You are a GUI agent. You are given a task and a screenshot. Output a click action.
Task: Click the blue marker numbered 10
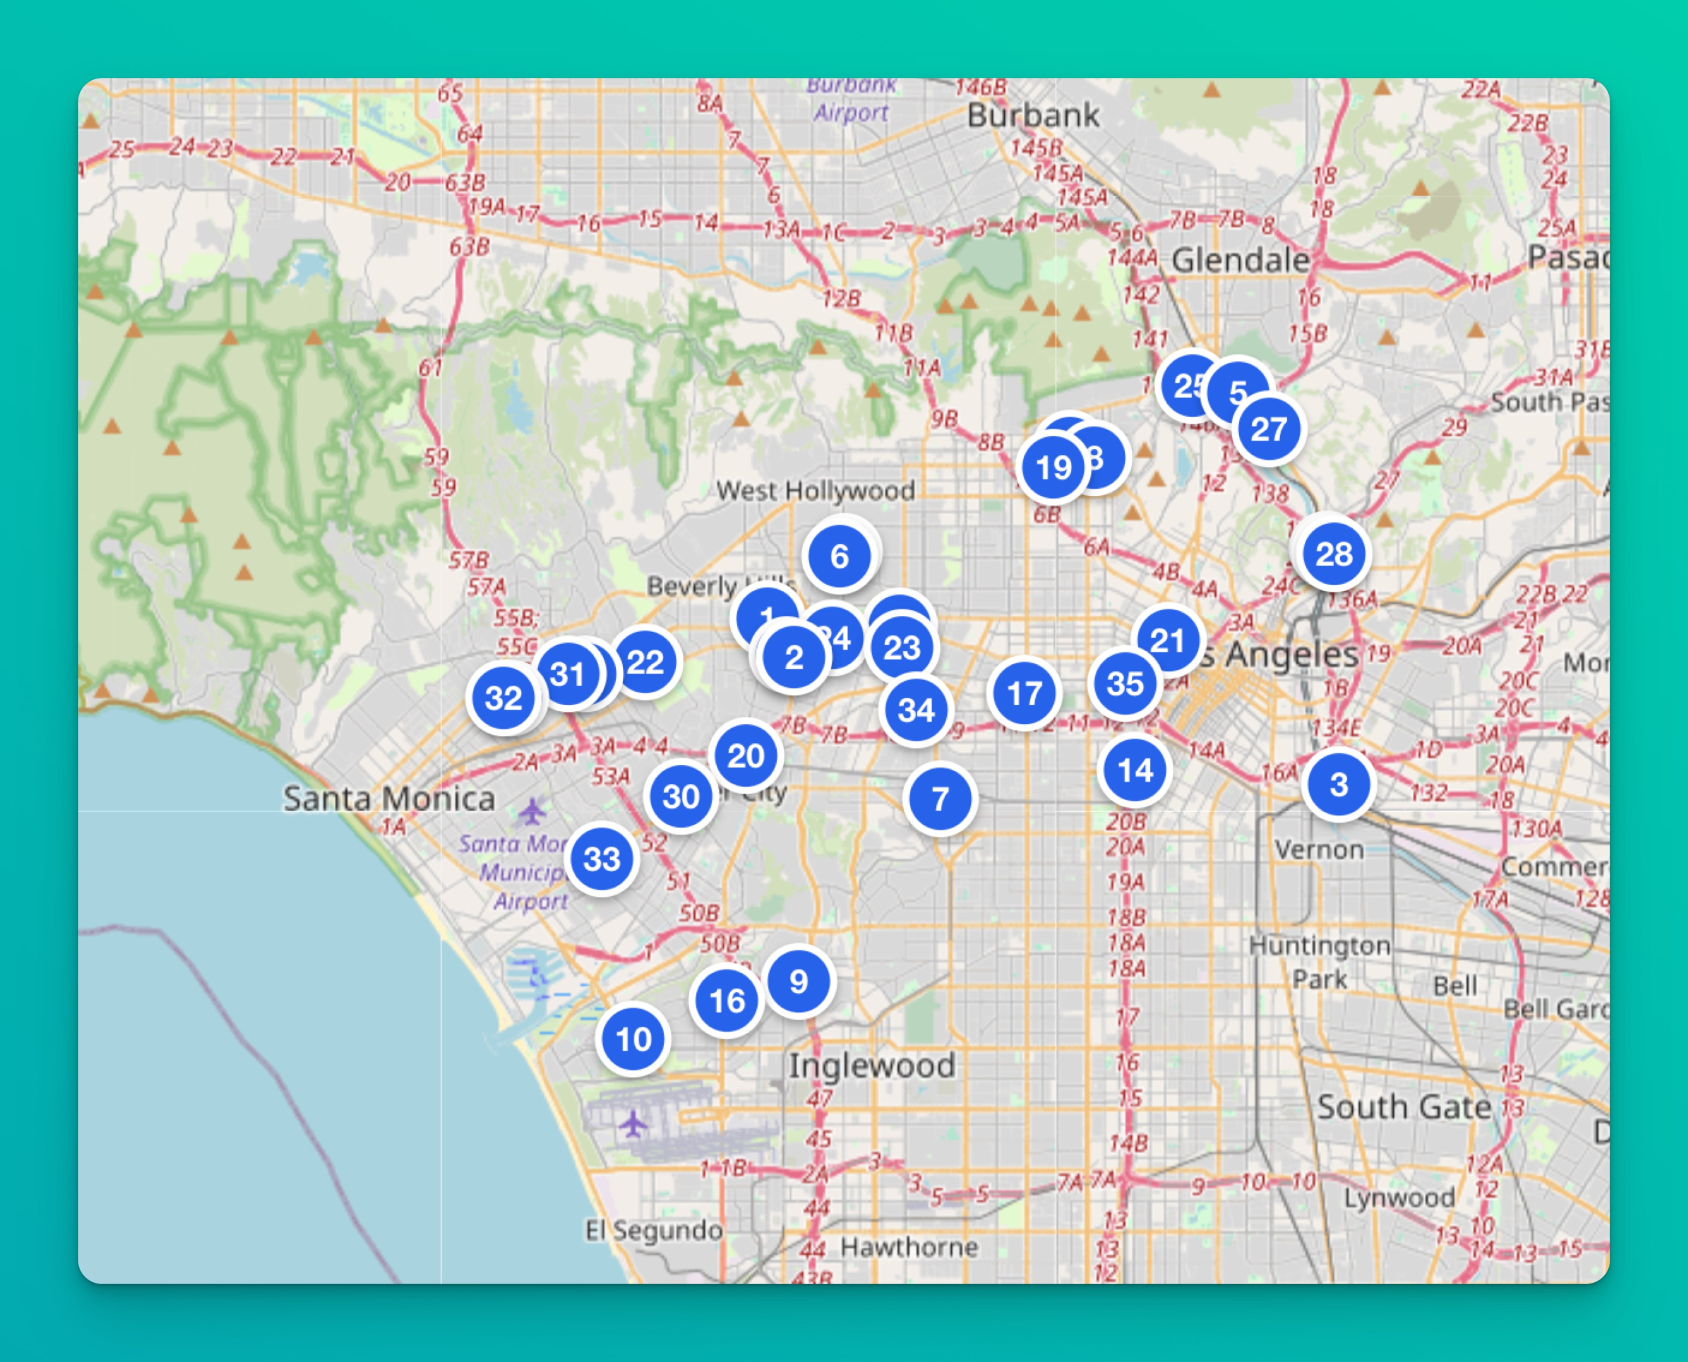pyautogui.click(x=634, y=1039)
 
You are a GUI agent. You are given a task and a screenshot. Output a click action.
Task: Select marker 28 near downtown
pyautogui.click(x=1333, y=555)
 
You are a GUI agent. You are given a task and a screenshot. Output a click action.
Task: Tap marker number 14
pyautogui.click(x=1135, y=770)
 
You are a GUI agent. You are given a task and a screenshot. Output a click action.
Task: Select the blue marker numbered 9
pyautogui.click(x=799, y=981)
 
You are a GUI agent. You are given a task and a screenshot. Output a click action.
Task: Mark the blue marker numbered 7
pyautogui.click(x=940, y=799)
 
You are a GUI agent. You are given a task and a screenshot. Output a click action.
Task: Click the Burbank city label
pyautogui.click(x=1033, y=116)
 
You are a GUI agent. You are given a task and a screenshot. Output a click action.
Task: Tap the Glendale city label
pyautogui.click(x=1240, y=261)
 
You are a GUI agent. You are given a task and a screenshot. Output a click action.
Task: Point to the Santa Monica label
pyautogui.click(x=389, y=799)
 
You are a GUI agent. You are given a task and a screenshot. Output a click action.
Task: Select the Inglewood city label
pyautogui.click(x=872, y=1065)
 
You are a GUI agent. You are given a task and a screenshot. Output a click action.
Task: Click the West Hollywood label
pyautogui.click(x=815, y=491)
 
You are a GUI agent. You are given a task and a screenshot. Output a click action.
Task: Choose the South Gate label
pyautogui.click(x=1403, y=1107)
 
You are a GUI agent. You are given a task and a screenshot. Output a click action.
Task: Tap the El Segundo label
pyautogui.click(x=653, y=1230)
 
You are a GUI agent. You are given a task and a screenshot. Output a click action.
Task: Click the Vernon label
pyautogui.click(x=1319, y=850)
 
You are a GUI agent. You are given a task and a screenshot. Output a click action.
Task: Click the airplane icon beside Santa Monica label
pyautogui.click(x=532, y=811)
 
